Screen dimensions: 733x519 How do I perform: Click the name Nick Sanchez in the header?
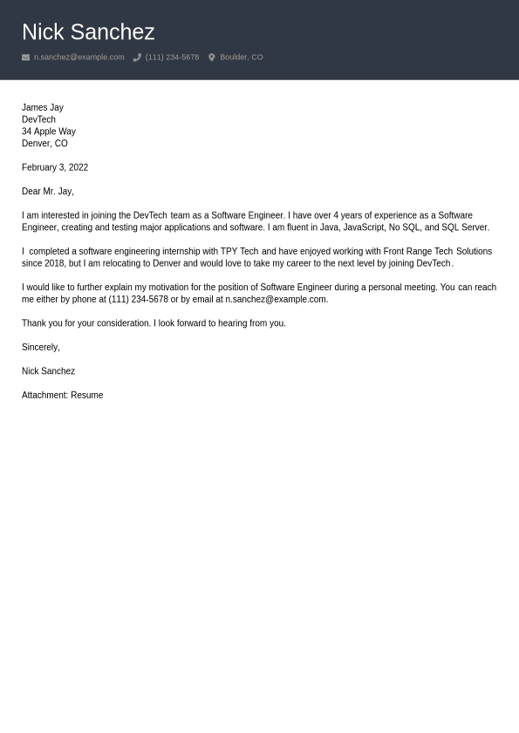click(x=88, y=32)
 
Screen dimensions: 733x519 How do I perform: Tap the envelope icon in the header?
click(x=25, y=58)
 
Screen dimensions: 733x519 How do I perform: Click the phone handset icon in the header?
click(x=137, y=58)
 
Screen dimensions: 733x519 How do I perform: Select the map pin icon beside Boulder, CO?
click(x=211, y=58)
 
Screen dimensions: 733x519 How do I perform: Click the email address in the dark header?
click(x=79, y=58)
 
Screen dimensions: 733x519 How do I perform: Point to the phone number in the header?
click(x=172, y=58)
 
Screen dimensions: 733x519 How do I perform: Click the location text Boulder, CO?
click(x=241, y=58)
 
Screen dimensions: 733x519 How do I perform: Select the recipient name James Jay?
click(x=42, y=107)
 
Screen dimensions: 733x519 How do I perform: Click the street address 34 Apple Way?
click(x=48, y=132)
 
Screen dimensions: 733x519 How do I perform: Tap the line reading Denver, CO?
click(x=44, y=144)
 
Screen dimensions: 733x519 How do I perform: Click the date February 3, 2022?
click(x=55, y=167)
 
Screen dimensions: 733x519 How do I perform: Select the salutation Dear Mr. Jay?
click(x=47, y=192)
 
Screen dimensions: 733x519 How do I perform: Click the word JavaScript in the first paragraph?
click(x=363, y=227)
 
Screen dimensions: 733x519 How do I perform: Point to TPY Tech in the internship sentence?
click(x=239, y=251)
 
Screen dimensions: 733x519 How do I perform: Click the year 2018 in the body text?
click(x=54, y=263)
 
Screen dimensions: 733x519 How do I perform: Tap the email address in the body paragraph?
click(x=276, y=299)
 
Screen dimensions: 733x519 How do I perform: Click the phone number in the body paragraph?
click(x=138, y=299)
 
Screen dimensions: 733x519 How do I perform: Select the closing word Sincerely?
click(x=40, y=347)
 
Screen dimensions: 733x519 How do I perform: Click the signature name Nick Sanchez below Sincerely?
click(x=48, y=371)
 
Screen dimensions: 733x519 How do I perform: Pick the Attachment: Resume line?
click(x=62, y=395)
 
